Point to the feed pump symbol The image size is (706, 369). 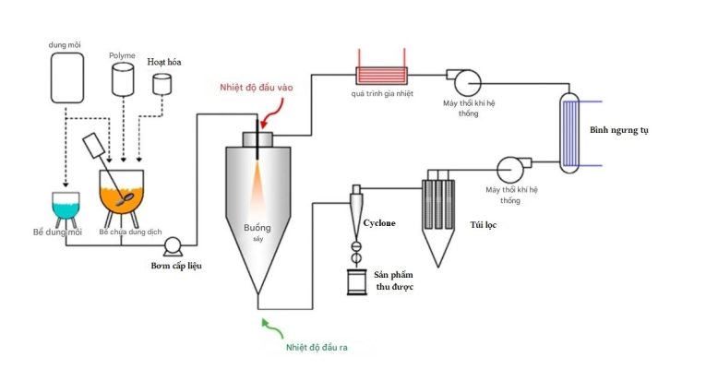172,245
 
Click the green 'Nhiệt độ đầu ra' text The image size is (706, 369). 316,348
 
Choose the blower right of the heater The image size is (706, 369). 459,77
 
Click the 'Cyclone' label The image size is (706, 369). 381,223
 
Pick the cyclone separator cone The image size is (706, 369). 357,212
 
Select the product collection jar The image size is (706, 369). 357,280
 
